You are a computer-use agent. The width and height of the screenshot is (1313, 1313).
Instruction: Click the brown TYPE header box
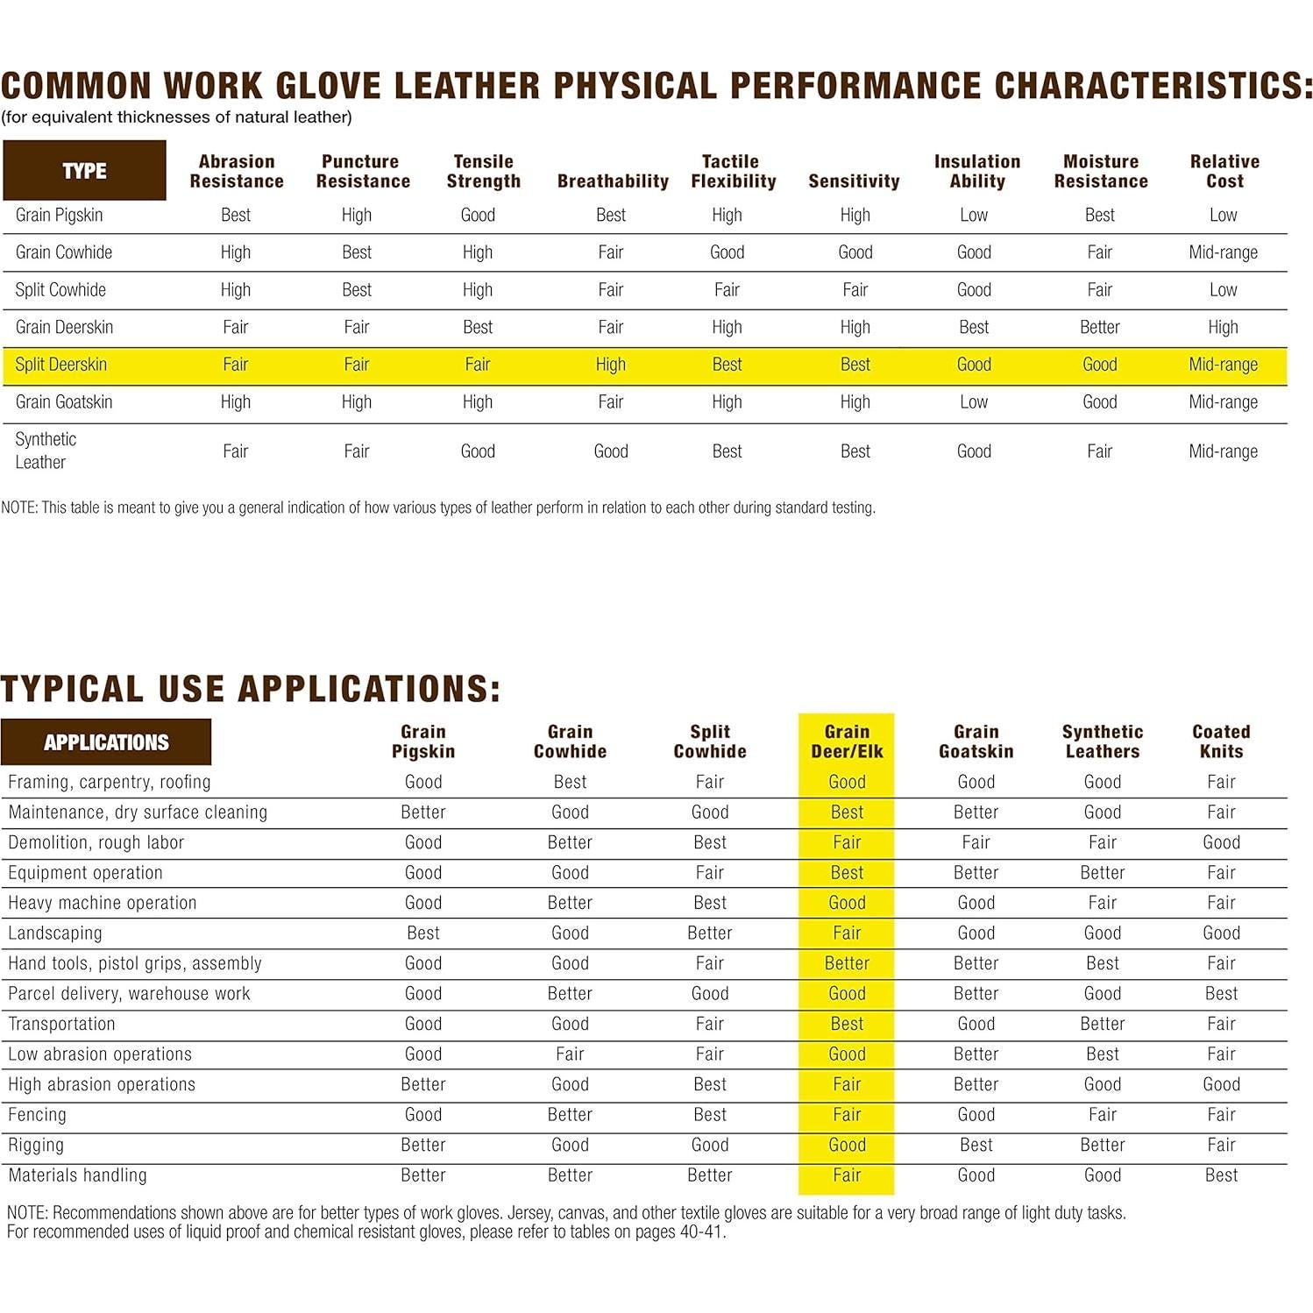click(84, 170)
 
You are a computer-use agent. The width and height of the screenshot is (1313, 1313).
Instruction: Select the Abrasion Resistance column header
click(237, 171)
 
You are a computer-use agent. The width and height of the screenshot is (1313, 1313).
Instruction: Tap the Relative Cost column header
click(1224, 171)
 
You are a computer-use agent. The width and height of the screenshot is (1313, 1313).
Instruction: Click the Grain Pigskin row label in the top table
click(59, 215)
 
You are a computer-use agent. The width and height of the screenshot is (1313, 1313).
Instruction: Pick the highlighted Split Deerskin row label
click(60, 365)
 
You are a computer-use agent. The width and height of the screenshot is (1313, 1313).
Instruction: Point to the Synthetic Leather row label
click(46, 451)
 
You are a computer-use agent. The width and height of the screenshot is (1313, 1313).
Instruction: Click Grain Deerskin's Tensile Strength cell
click(478, 327)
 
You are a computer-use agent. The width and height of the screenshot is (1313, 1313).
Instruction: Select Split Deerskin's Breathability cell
click(611, 365)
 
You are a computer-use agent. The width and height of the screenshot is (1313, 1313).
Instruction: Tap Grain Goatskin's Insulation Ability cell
click(974, 402)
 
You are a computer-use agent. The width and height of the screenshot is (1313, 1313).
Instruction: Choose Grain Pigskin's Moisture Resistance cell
click(1100, 215)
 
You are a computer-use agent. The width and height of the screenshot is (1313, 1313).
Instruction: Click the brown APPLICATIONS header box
click(106, 742)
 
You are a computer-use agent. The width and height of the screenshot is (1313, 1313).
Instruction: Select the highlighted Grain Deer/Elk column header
click(847, 742)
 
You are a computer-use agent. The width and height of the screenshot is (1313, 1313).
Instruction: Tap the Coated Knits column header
click(1221, 742)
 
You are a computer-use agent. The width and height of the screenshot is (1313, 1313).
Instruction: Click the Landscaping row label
click(55, 933)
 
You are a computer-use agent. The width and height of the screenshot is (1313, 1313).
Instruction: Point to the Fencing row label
click(37, 1115)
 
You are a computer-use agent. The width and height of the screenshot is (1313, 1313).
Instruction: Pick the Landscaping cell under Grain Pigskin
click(423, 933)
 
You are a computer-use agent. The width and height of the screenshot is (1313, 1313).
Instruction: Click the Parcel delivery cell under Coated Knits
click(1221, 994)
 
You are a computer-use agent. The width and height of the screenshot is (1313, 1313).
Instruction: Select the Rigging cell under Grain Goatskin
click(976, 1146)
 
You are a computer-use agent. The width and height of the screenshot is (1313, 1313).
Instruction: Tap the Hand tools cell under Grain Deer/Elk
click(847, 963)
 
